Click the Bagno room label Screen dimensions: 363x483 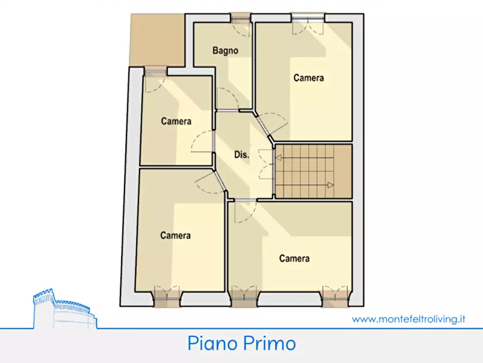click(x=225, y=51)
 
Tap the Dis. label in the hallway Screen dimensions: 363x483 click(x=241, y=154)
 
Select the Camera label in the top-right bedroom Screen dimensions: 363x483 click(x=308, y=78)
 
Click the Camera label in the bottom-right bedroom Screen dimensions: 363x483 click(x=294, y=258)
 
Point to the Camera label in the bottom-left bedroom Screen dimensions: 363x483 click(x=175, y=236)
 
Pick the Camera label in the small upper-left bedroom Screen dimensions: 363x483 click(x=176, y=121)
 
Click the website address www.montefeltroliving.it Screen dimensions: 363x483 click(x=408, y=319)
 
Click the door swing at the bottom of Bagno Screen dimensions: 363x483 click(x=228, y=99)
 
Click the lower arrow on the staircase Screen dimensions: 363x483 click(x=329, y=185)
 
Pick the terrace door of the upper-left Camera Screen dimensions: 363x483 click(x=155, y=72)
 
